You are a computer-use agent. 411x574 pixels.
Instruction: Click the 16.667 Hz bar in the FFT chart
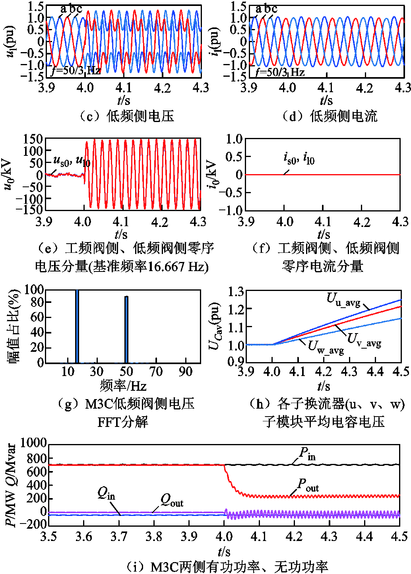click(x=77, y=326)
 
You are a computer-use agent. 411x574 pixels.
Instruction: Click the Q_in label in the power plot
click(x=106, y=494)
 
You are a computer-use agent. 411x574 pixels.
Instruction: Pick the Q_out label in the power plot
click(x=172, y=501)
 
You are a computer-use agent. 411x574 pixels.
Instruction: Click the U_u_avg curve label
click(x=343, y=299)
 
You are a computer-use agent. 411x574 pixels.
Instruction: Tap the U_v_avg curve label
click(x=364, y=340)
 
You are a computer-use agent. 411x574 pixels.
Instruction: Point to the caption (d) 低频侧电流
click(x=330, y=116)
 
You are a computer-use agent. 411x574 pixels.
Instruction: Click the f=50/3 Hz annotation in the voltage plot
click(x=76, y=71)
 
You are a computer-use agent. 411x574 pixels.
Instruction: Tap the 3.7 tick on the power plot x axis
click(x=119, y=537)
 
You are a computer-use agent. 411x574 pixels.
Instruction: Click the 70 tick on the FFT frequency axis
click(x=156, y=372)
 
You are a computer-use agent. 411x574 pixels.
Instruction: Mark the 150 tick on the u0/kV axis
click(x=33, y=139)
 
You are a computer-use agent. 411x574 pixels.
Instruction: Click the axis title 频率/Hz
click(x=123, y=386)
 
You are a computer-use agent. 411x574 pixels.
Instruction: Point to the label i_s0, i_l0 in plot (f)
click(x=299, y=158)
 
